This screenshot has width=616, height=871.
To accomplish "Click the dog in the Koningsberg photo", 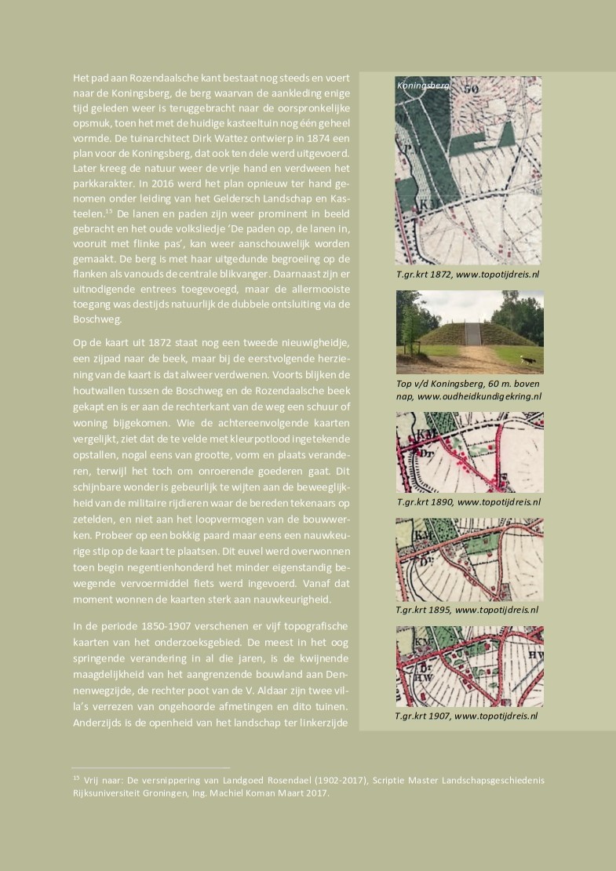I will [531, 360].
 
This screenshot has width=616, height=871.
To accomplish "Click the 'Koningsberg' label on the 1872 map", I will [424, 86].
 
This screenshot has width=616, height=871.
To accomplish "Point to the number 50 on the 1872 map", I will [471, 89].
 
